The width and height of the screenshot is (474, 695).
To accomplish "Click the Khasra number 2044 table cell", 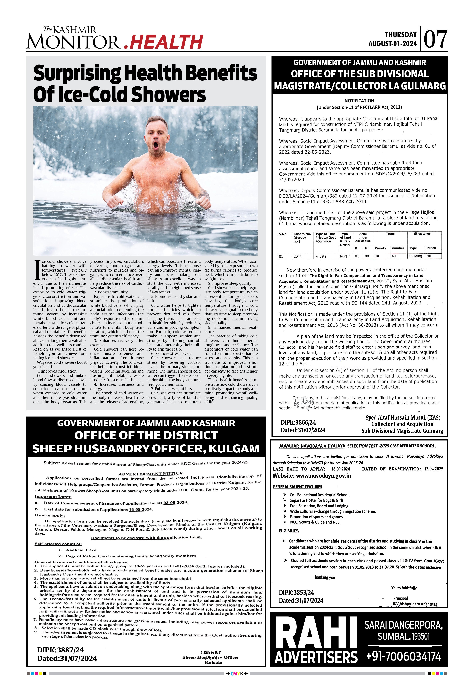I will coord(298,256).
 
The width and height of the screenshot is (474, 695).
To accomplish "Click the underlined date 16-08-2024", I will coord(141,509).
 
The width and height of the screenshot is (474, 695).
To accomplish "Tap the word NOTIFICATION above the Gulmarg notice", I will coord(359,101).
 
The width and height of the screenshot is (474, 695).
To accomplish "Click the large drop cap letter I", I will coord(37,270).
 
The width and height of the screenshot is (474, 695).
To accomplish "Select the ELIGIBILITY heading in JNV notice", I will coord(289,531).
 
